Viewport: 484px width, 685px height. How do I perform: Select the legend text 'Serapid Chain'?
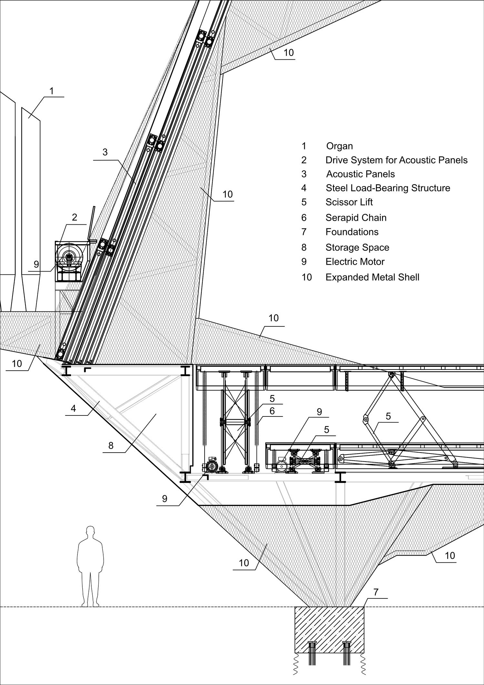356,218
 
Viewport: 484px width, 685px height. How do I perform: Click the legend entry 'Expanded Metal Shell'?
372,277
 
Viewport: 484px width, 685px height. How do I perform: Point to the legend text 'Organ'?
339,146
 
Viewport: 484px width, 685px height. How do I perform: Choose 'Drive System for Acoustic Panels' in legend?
397,160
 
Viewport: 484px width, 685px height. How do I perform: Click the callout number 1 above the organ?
52,91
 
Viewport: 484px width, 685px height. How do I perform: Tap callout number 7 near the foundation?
376,592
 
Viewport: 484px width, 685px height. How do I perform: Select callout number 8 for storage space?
111,446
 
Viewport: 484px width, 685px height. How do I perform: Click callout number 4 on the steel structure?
73,408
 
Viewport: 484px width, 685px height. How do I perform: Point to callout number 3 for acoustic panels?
105,152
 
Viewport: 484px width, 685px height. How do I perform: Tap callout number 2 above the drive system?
75,217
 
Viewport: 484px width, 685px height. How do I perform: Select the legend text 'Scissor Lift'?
349,202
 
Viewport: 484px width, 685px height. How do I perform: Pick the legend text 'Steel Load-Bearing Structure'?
388,188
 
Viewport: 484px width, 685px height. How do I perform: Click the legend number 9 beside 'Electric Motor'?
304,262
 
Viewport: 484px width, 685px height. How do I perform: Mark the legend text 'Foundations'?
352,232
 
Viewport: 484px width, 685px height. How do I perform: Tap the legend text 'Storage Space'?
358,248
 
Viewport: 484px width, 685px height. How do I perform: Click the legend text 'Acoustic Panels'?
360,174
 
